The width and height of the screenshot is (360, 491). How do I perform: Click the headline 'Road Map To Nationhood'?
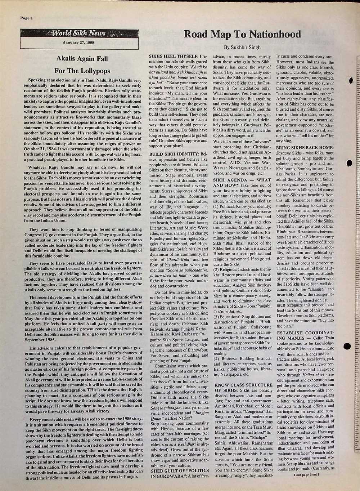[x=242, y=34]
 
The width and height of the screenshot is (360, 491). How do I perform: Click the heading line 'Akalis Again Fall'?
[x=82, y=59]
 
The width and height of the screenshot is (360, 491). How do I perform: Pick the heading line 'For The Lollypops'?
[x=82, y=71]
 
